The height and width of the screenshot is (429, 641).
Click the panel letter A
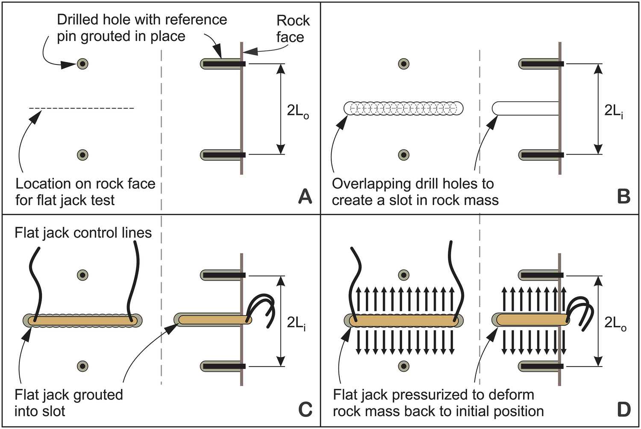pyautogui.click(x=305, y=197)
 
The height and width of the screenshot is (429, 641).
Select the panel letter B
pyautogui.click(x=624, y=197)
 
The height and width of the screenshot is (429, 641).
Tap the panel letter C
pyautogui.click(x=305, y=409)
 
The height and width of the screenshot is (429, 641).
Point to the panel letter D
pyautogui.click(x=624, y=409)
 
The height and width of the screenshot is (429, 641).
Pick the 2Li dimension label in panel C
pyautogui.click(x=296, y=323)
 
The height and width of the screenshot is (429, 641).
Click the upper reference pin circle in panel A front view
pyautogui.click(x=82, y=64)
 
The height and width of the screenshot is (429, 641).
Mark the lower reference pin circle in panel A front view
pyautogui.click(x=82, y=155)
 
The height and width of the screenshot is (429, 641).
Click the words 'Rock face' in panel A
pyautogui.click(x=292, y=29)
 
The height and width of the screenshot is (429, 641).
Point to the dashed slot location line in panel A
pyautogui.click(x=81, y=108)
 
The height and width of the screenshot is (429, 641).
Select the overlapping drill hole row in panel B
pyautogui.click(x=403, y=109)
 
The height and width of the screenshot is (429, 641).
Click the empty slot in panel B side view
pyautogui.click(x=526, y=109)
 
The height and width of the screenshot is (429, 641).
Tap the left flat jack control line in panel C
pyautogui.click(x=36, y=282)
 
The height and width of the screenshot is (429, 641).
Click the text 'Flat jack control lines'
pyautogui.click(x=83, y=233)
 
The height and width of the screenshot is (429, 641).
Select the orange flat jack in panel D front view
pyautogui.click(x=403, y=320)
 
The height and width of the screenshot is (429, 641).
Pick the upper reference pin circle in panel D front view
pyautogui.click(x=403, y=275)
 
